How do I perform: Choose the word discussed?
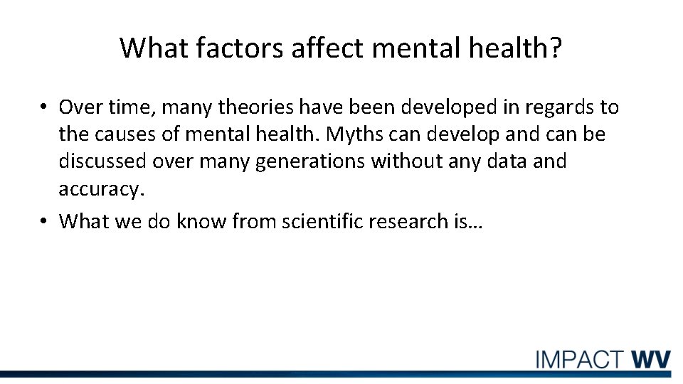tap(103, 161)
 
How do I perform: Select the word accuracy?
tap(101, 190)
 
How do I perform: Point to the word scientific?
tap(324, 221)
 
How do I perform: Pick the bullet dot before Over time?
tap(43, 108)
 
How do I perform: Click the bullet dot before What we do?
tap(43, 222)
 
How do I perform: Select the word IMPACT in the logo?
tap(580, 359)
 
